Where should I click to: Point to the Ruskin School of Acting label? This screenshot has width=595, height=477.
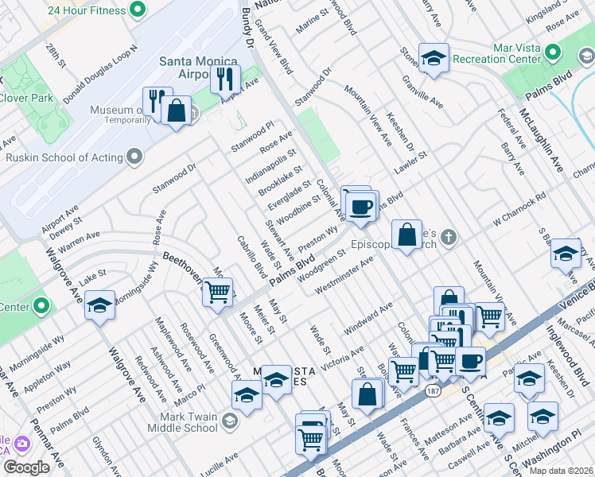63,157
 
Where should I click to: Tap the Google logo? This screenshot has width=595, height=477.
25,467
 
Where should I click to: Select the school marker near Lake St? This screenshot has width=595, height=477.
99,305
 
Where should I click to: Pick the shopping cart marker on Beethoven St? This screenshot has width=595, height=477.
217,291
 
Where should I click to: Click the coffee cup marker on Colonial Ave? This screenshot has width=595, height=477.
361,207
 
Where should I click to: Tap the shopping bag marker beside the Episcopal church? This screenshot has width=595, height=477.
406,235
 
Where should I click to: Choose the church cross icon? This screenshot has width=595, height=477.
449,236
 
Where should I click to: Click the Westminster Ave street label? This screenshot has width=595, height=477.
344,275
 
